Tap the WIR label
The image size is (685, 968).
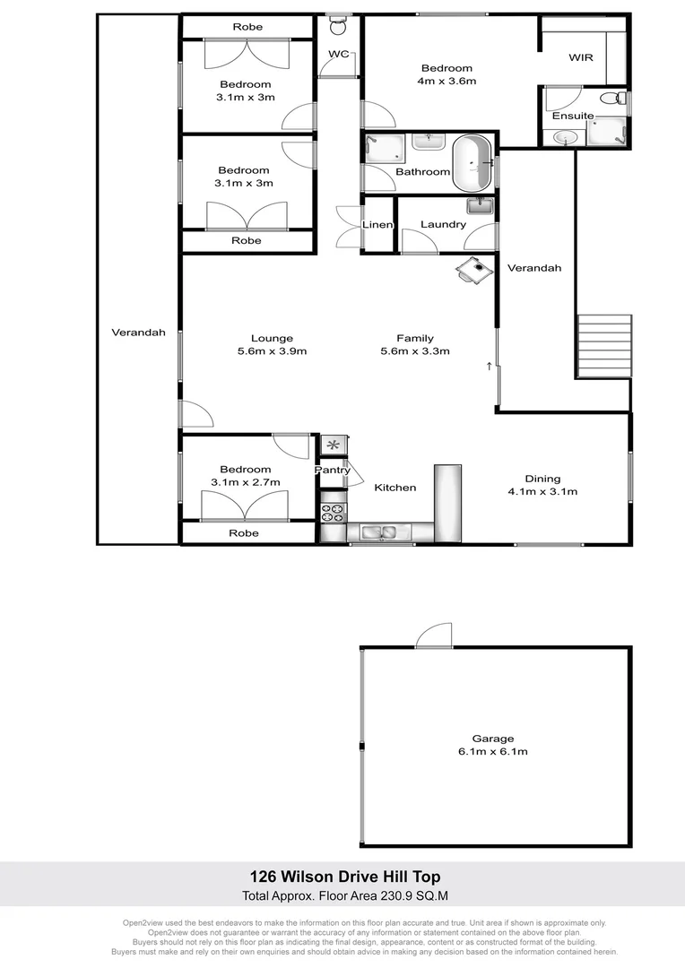[582, 57]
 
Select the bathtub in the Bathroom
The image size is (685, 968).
[472, 163]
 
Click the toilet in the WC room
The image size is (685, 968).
[338, 27]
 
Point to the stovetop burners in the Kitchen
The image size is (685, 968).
[333, 513]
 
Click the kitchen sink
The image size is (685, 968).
[377, 533]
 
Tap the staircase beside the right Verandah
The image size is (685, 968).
[605, 345]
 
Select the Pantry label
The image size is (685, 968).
[331, 470]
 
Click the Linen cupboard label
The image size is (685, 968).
[377, 224]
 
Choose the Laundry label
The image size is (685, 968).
[443, 224]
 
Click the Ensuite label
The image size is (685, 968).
[573, 116]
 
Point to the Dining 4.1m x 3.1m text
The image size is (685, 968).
[542, 485]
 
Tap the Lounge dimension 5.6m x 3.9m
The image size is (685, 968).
[272, 351]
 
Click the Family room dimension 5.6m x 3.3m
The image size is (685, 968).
[415, 351]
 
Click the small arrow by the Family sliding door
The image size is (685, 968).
[489, 366]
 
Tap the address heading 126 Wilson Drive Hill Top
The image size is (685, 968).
[344, 877]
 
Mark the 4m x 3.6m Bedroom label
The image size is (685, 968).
[447, 74]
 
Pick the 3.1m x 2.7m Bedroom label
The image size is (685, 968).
[246, 476]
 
